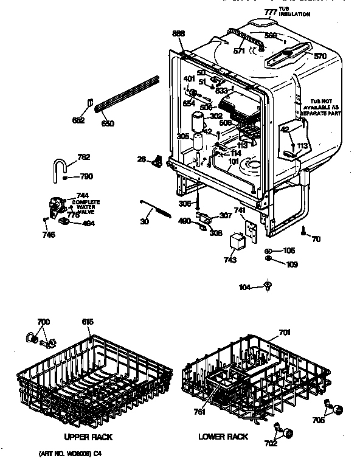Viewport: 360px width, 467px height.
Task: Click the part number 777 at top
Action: tap(270, 12)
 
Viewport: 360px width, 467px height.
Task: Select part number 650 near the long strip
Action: tap(108, 123)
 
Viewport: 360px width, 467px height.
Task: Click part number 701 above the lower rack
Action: tap(285, 332)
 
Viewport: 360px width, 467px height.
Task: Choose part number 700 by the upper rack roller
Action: tap(44, 321)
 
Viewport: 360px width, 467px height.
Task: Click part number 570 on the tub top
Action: tap(320, 56)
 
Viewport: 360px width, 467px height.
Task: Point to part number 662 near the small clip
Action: tap(78, 120)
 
